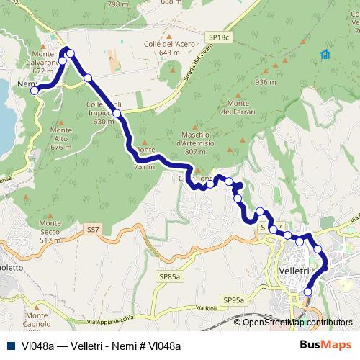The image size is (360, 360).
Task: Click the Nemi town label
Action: coord(25,84)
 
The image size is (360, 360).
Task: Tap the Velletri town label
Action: coord(293,270)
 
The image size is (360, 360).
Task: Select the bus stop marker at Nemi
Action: coord(35,90)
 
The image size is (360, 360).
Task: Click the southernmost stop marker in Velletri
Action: coord(308,292)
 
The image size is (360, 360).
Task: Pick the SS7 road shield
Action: coord(92,229)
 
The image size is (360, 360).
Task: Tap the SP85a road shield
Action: coord(169,276)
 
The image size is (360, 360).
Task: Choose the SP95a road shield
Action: coord(234,300)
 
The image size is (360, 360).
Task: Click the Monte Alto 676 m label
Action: coord(61,138)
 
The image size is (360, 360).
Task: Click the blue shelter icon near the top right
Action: coord(325,54)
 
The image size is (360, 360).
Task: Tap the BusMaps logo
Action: coord(325,345)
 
